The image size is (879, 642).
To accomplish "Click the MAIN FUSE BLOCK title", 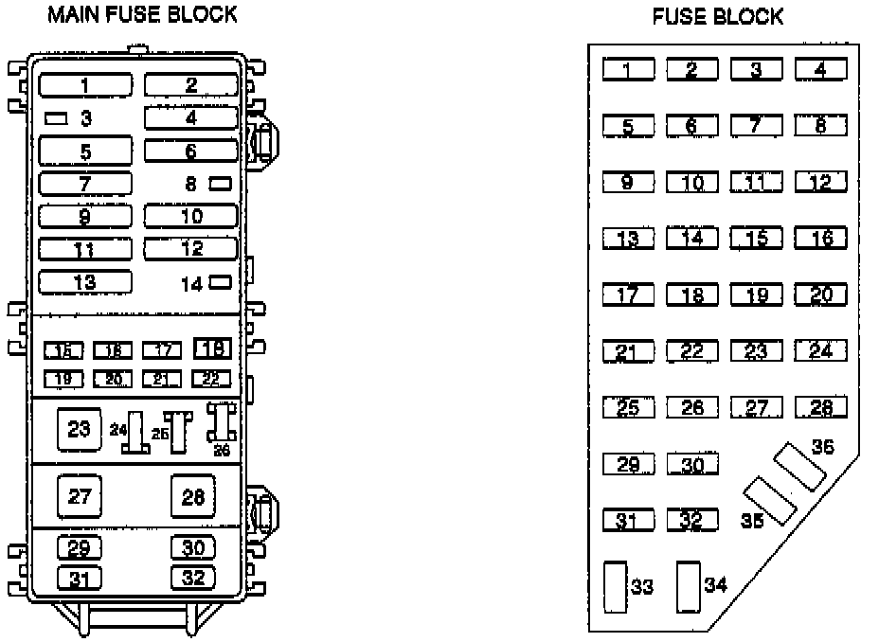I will [x=142, y=15].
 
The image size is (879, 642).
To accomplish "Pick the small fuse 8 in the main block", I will [x=220, y=183].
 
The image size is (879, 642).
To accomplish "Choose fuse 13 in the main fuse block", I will [x=85, y=281].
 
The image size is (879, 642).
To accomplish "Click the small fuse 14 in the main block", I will [x=220, y=281].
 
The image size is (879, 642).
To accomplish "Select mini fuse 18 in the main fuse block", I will [x=213, y=348].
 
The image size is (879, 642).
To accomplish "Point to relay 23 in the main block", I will [x=79, y=429].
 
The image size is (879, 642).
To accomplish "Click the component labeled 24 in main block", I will [x=136, y=433].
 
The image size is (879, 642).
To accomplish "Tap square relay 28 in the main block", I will [x=193, y=496].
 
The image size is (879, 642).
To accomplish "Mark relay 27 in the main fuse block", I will [x=79, y=496].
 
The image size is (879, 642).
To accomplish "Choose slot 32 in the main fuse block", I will [x=193, y=577].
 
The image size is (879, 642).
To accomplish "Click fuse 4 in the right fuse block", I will [x=820, y=69].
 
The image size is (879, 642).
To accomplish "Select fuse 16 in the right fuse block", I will [x=820, y=239].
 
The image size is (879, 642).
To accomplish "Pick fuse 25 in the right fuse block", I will [x=628, y=408].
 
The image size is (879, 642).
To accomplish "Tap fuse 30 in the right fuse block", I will [x=692, y=465].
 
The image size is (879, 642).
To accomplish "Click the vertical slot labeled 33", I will [x=615, y=587].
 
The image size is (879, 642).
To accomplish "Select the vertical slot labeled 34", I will [x=688, y=587].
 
